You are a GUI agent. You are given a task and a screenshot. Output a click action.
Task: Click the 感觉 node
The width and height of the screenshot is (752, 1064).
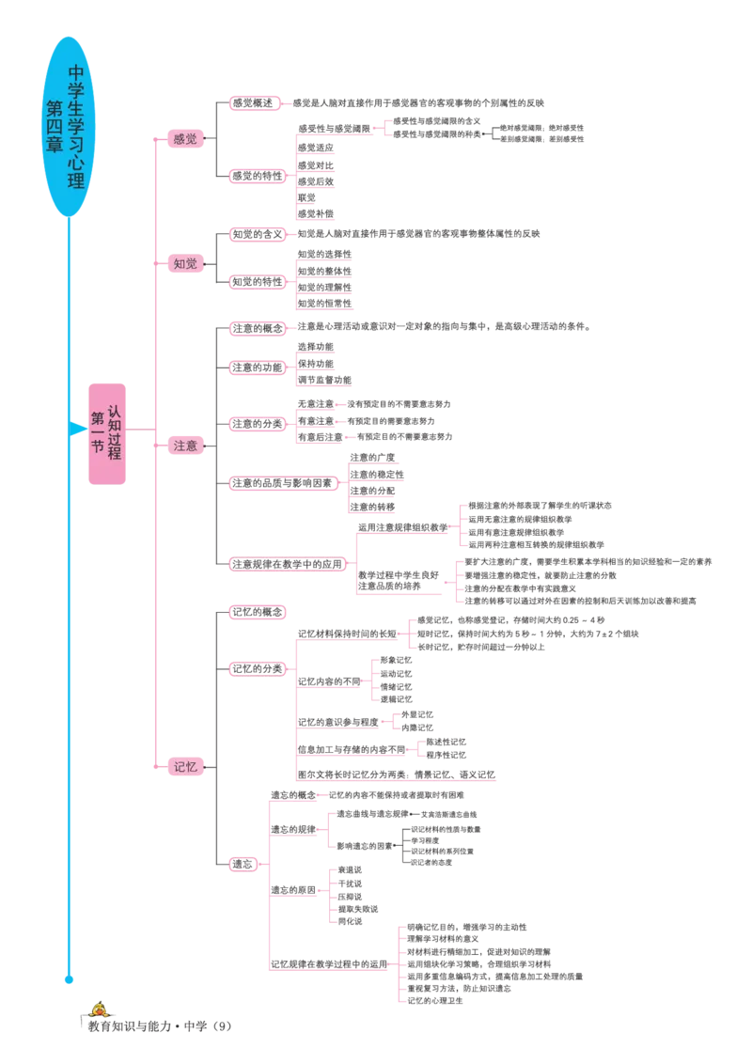(185, 140)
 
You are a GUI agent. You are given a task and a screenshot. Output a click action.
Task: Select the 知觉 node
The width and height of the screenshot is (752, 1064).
(185, 264)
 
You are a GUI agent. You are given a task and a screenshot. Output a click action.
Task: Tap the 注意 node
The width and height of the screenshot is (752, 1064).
(185, 446)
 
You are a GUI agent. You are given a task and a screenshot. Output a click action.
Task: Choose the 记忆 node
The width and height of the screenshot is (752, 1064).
(185, 767)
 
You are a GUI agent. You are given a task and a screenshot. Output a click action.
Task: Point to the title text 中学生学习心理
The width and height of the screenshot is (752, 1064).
(76, 127)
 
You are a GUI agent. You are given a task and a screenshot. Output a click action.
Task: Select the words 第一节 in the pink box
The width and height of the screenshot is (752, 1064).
(96, 432)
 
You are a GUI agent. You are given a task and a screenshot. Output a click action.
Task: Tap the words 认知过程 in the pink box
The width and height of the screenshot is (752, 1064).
(114, 432)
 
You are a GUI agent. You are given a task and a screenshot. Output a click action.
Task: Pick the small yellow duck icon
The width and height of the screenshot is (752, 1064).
(98, 1010)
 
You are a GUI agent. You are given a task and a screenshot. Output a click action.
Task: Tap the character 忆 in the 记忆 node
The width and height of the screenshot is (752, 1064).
(192, 767)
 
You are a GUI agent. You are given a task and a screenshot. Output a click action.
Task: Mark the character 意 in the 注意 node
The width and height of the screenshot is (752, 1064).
(192, 446)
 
